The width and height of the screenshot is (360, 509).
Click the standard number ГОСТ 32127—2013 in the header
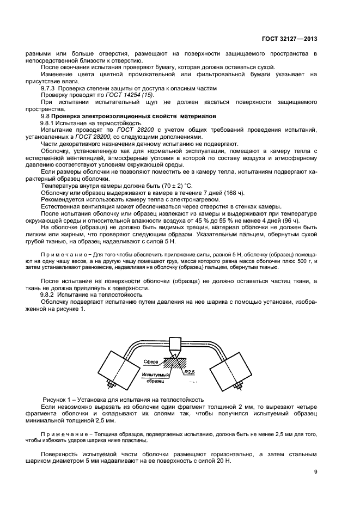point(289,39)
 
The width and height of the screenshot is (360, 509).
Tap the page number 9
point(315,473)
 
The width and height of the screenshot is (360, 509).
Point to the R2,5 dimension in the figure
point(190,372)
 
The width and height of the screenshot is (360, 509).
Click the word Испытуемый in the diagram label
point(155,375)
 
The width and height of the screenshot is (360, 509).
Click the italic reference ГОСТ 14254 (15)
point(125,95)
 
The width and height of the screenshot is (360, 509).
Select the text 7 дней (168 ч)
point(222,193)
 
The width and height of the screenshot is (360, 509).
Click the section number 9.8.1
point(50,123)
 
